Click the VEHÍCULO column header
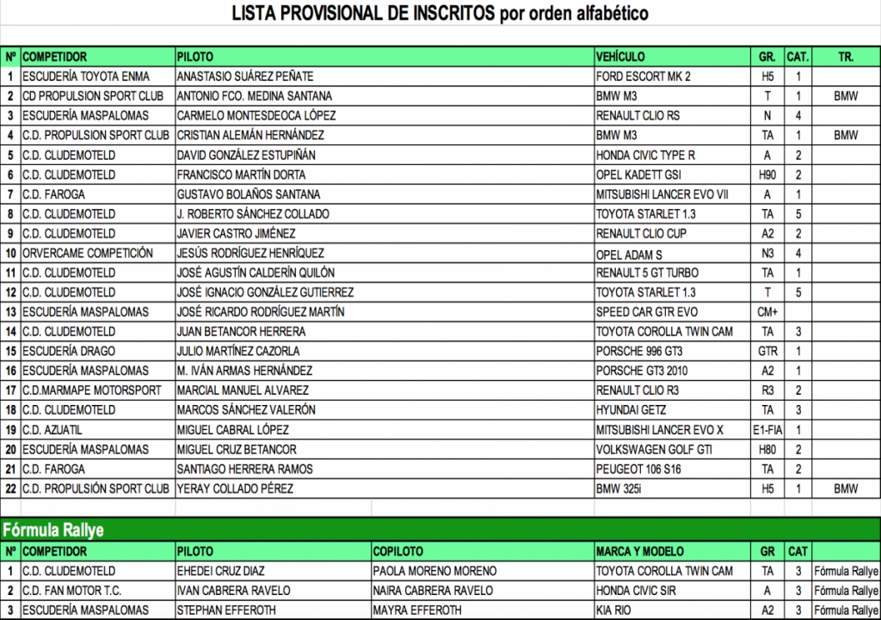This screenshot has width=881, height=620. pyautogui.click(x=620, y=57)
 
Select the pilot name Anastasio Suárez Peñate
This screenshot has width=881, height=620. pyautogui.click(x=244, y=77)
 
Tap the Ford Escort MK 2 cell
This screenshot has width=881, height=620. pyautogui.click(x=643, y=77)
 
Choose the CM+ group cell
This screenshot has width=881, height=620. pyautogui.click(x=767, y=312)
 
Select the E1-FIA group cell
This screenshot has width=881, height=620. pyautogui.click(x=767, y=430)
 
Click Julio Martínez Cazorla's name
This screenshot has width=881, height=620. pyautogui.click(x=237, y=352)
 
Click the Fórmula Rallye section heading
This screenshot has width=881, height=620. pyautogui.click(x=53, y=530)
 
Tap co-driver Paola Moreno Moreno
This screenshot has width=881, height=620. pyautogui.click(x=434, y=571)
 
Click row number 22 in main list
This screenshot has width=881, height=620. pyautogui.click(x=11, y=489)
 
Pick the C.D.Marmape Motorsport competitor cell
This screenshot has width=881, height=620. pyautogui.click(x=91, y=390)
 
